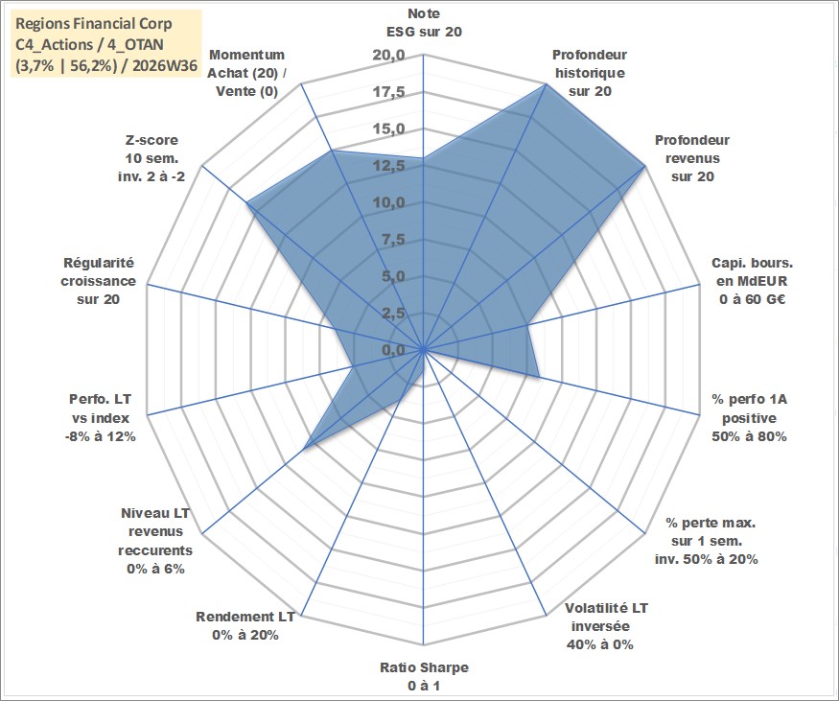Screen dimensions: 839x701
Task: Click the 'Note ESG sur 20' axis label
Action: pos(424,22)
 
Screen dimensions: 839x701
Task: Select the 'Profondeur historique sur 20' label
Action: pos(590,73)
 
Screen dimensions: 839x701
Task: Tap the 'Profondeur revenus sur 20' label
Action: pos(692,158)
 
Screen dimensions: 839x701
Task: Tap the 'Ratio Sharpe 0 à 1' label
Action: pos(424,676)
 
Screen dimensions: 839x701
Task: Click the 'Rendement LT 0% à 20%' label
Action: pos(245,625)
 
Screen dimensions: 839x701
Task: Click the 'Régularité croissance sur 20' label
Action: pos(98,281)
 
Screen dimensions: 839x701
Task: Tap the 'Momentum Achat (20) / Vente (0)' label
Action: pos(246,73)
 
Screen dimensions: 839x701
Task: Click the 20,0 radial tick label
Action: pos(389,56)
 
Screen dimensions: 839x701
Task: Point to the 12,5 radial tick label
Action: pos(389,167)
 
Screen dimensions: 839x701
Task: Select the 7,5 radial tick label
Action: pos(393,240)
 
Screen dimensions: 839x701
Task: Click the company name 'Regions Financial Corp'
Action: pos(94,24)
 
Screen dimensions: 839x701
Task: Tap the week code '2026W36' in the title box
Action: pos(165,66)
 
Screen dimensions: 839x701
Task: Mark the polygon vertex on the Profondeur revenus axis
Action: pos(645,167)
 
